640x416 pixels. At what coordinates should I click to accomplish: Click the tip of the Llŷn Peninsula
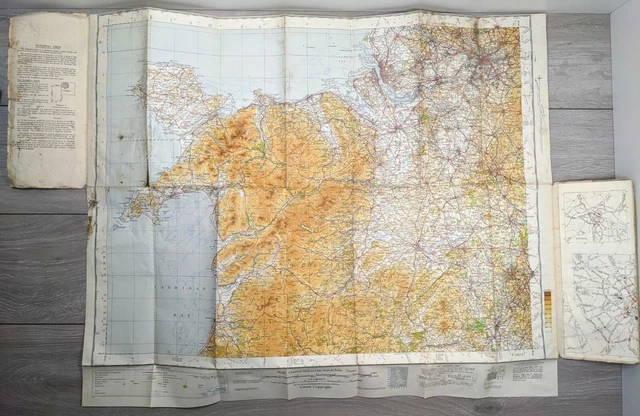click(x=126, y=205)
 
